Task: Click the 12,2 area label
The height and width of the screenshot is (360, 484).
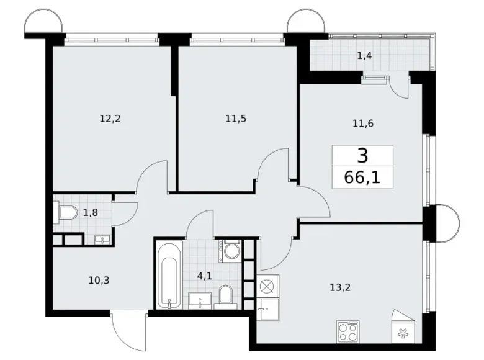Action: click(109, 118)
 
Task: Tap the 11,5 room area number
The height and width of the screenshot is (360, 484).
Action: click(236, 118)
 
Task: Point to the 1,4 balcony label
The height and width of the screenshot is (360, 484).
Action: click(364, 56)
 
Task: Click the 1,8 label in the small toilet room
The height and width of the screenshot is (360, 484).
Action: click(91, 213)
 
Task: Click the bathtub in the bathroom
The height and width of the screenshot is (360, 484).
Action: click(169, 275)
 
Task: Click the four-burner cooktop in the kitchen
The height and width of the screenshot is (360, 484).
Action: click(348, 330)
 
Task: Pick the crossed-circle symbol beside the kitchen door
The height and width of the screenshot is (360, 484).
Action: click(268, 286)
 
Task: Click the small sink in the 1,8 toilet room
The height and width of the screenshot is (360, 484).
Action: click(102, 238)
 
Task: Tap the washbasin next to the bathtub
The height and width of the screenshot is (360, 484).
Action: click(202, 302)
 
